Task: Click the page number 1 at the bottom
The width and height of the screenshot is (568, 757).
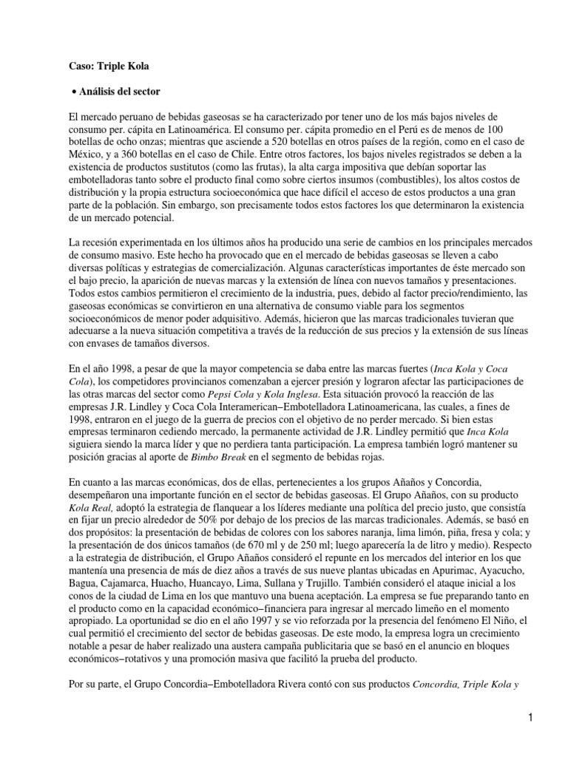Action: [x=531, y=716]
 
